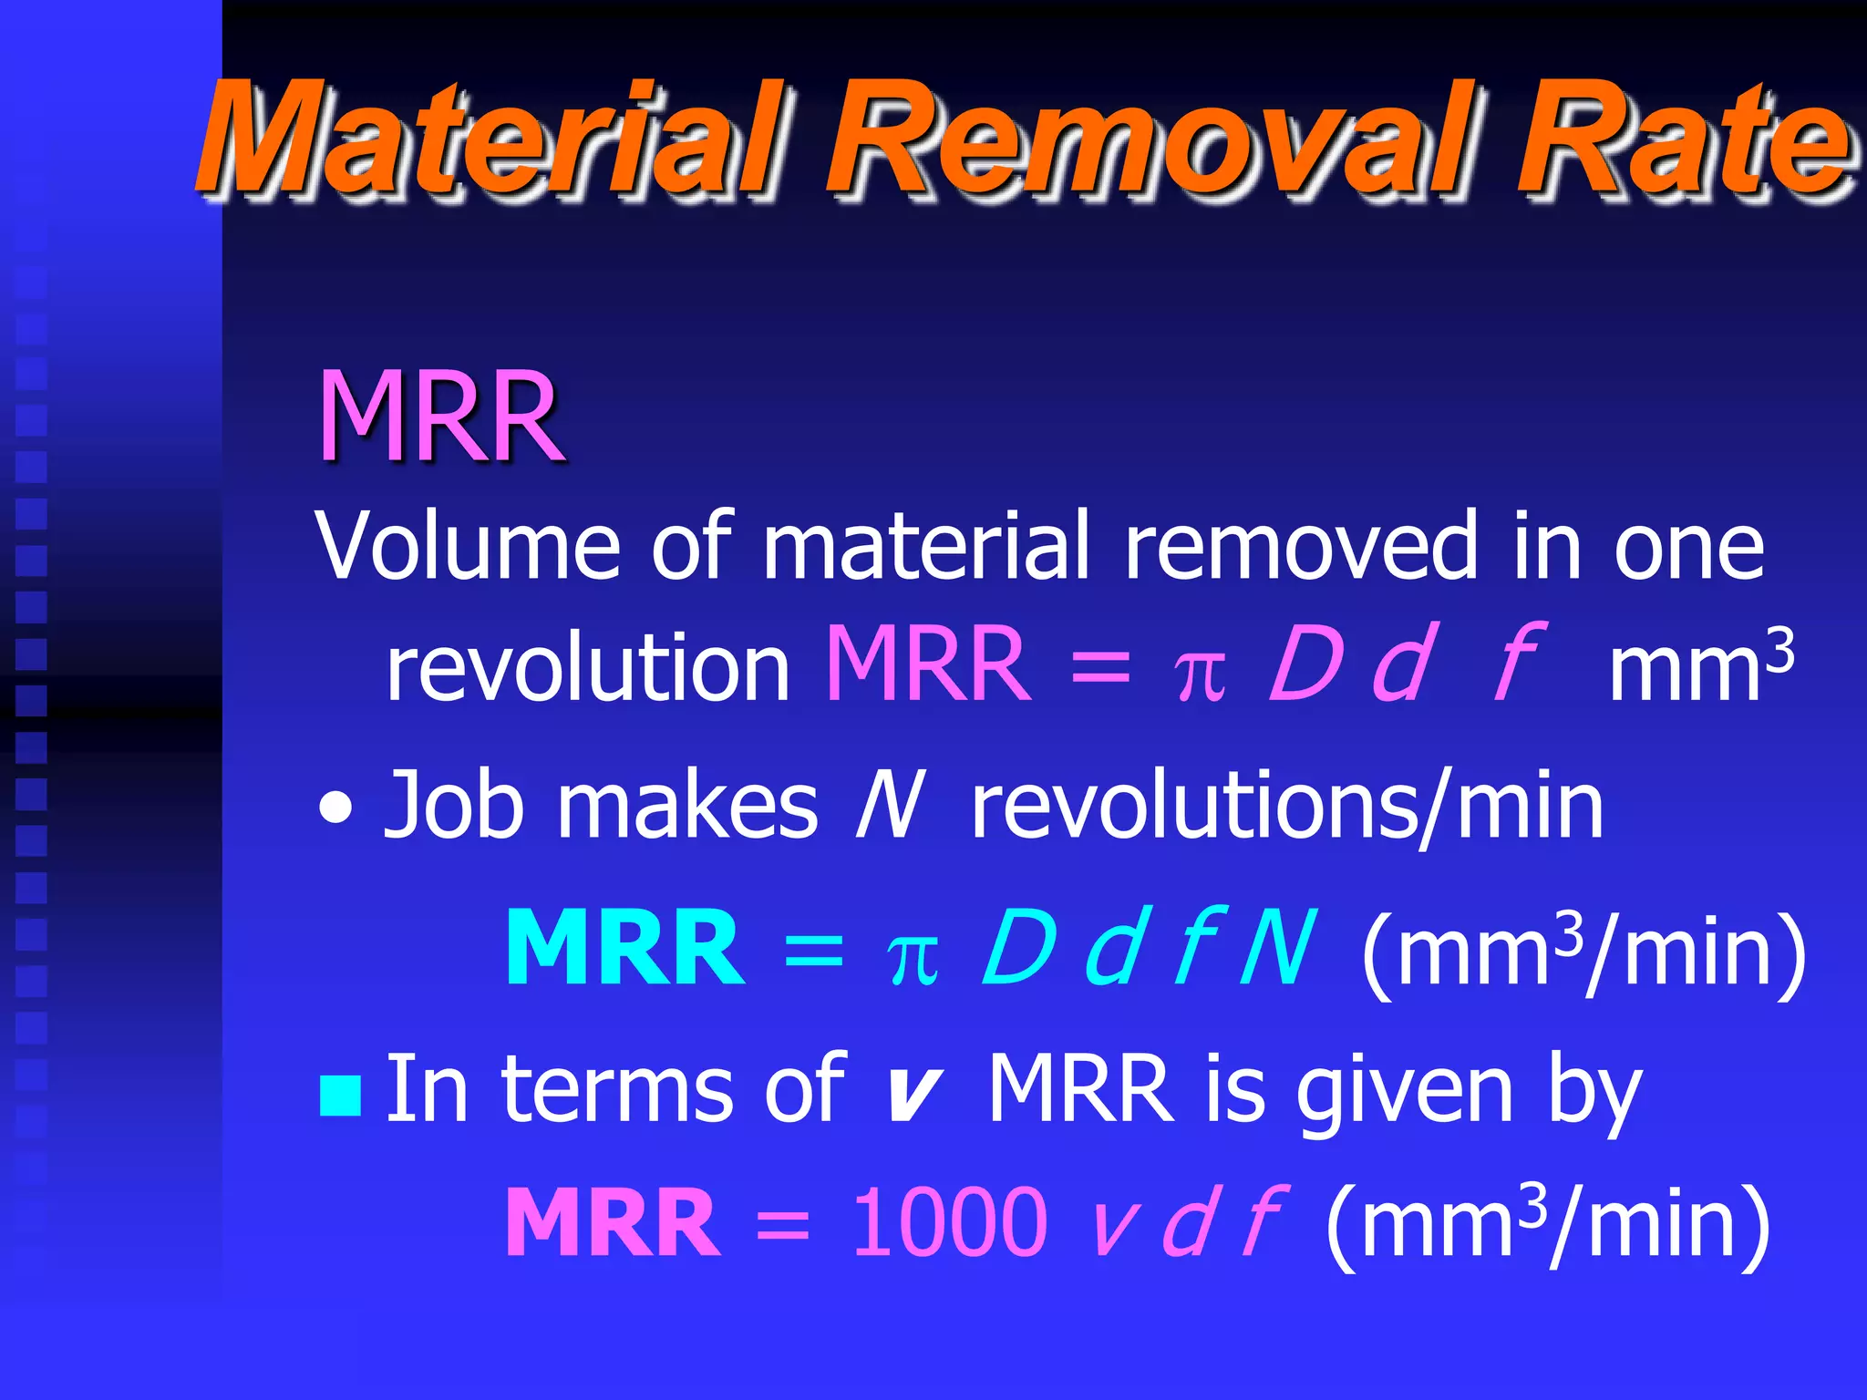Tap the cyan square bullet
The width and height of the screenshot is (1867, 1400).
coord(341,1095)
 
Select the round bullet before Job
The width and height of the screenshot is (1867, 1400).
coord(336,808)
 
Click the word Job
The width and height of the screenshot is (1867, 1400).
coord(454,806)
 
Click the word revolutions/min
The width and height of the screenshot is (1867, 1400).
coord(1286,806)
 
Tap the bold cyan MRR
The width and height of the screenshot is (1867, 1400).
coord(625,949)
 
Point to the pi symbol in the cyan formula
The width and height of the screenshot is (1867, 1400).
coord(913,959)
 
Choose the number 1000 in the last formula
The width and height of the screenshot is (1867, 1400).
coord(949,1222)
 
